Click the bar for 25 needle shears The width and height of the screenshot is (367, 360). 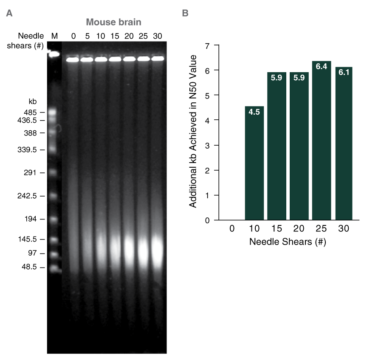tap(322, 140)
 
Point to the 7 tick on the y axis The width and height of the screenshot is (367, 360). tap(208, 45)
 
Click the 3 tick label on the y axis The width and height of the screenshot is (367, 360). tap(208, 145)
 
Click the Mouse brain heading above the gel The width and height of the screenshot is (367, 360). tap(114, 22)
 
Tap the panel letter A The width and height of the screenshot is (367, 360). tap(9, 14)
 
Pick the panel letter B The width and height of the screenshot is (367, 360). tap(185, 14)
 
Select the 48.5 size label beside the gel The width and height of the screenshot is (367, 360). tap(31, 267)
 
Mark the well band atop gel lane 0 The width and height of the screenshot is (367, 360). tap(73, 60)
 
